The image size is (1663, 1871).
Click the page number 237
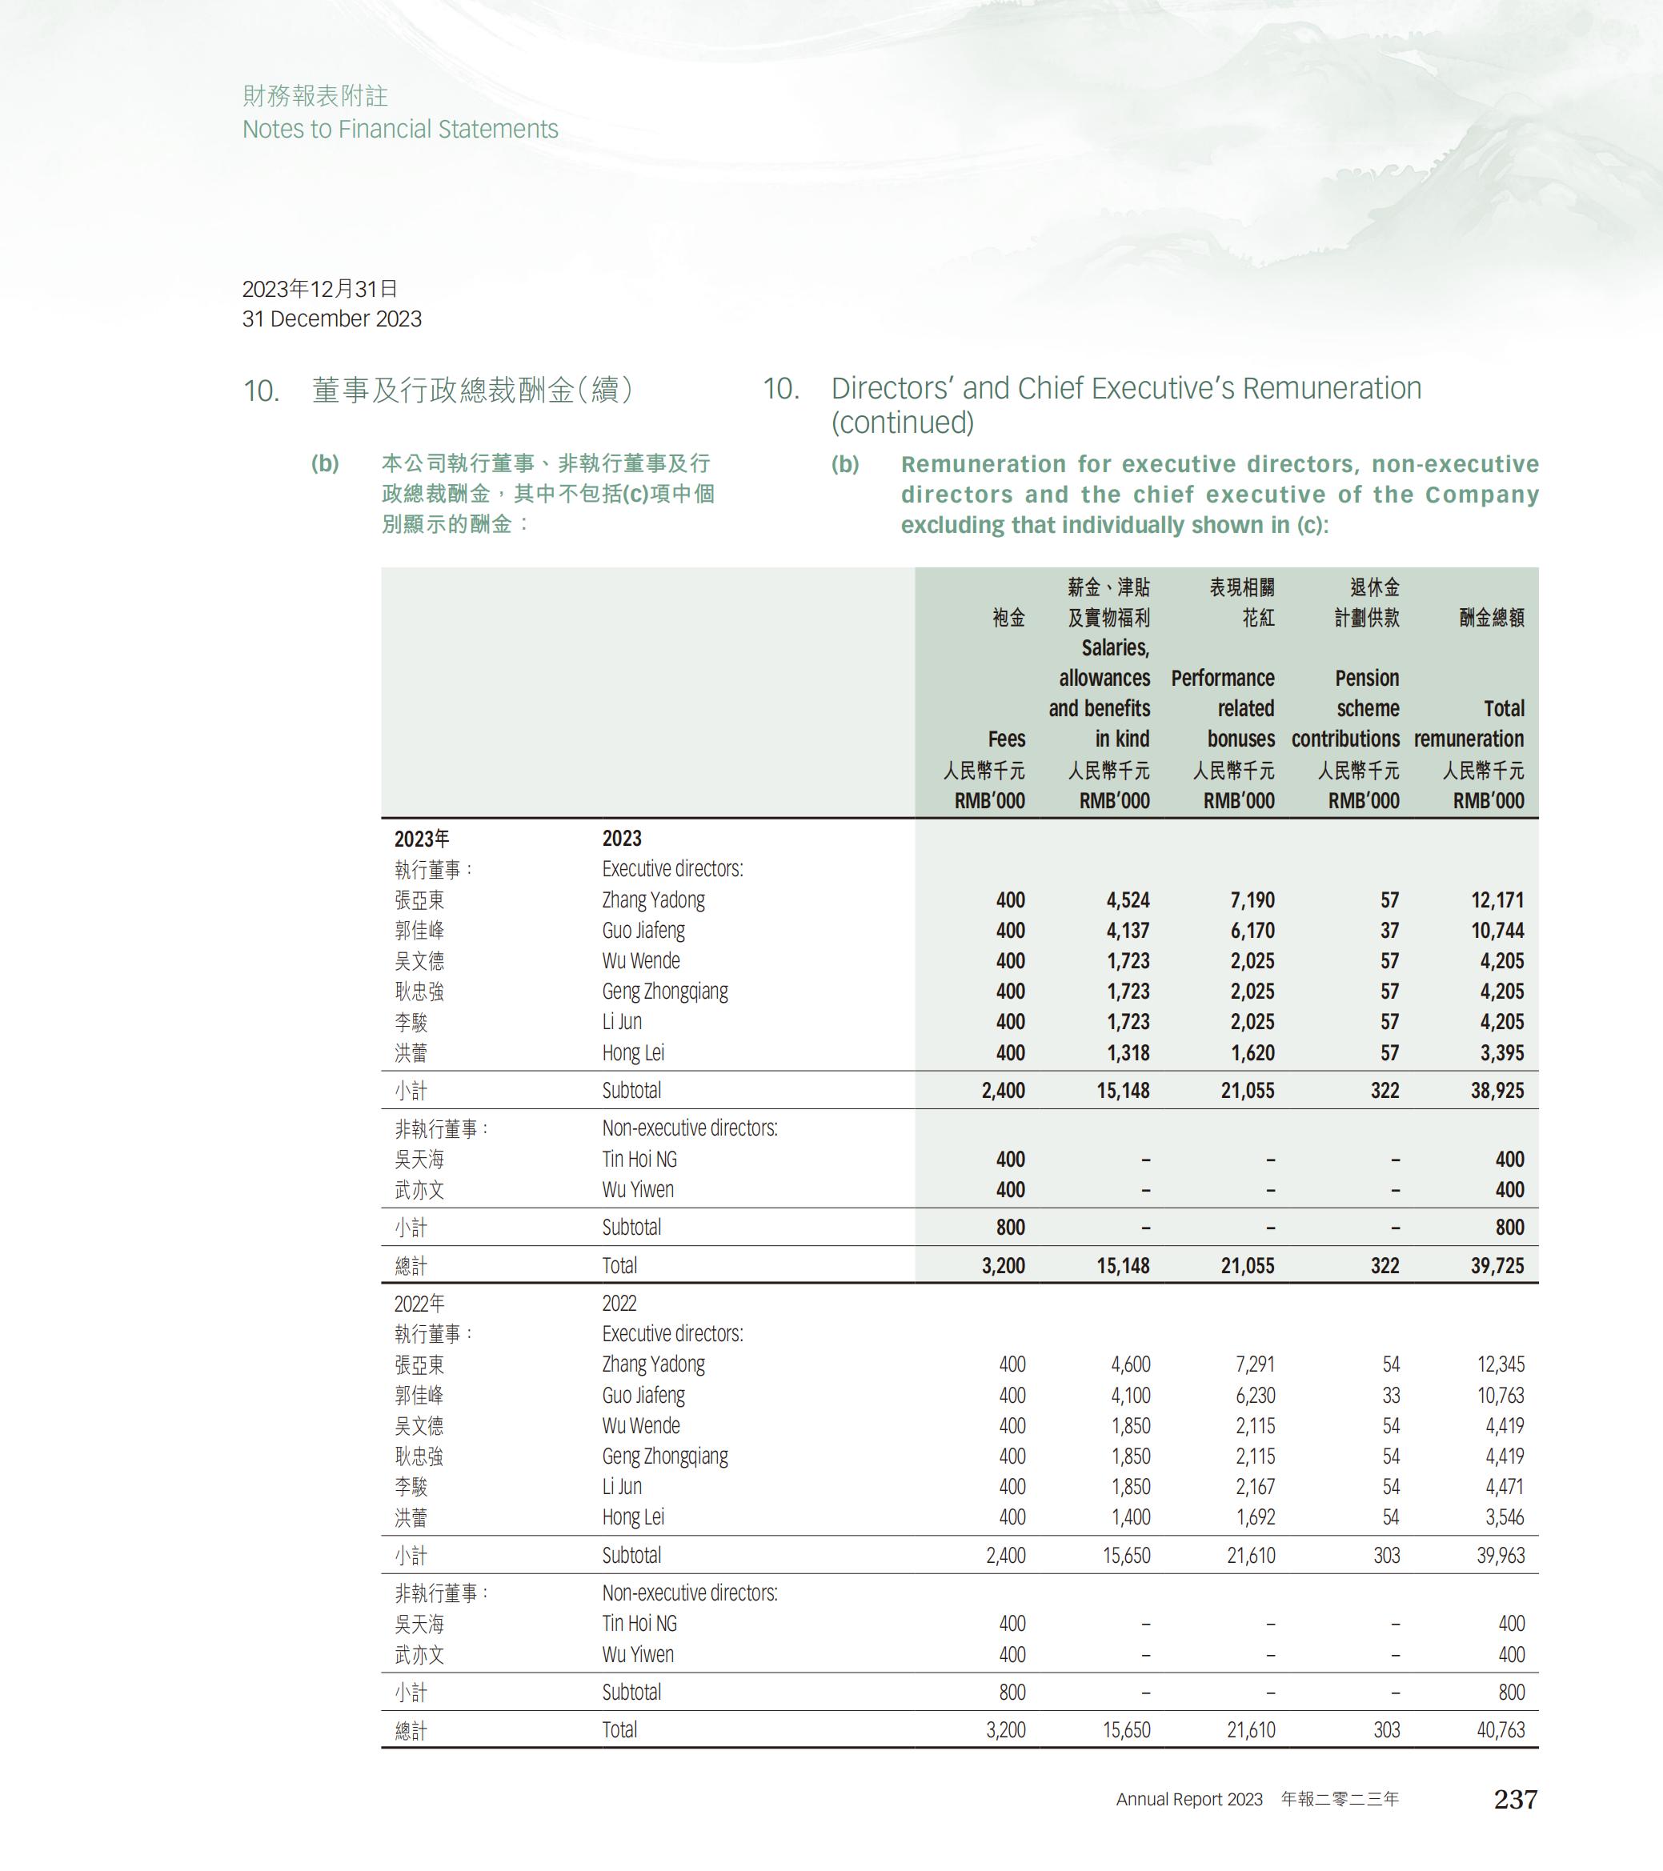[x=1515, y=1800]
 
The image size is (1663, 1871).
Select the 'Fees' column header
[x=1006, y=739]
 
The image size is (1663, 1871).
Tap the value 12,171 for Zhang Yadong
[x=1497, y=899]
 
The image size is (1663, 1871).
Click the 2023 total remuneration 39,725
[x=1497, y=1265]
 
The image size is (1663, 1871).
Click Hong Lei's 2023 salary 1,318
[x=1128, y=1052]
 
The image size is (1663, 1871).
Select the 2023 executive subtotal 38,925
[x=1497, y=1090]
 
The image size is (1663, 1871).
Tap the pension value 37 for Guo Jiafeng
[x=1389, y=930]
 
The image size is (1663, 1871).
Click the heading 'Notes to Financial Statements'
[x=400, y=129]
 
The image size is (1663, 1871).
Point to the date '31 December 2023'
[x=331, y=319]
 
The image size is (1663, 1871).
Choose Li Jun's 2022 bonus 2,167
[x=1255, y=1487]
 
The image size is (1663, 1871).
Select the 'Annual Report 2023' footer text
[x=1189, y=1800]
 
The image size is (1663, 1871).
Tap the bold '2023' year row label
[x=622, y=839]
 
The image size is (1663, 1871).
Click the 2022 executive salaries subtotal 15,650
[x=1126, y=1555]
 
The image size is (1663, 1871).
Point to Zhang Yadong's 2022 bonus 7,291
[x=1255, y=1364]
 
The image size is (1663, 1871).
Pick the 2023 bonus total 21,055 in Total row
[x=1247, y=1265]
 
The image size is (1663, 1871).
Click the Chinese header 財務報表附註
[x=315, y=96]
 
